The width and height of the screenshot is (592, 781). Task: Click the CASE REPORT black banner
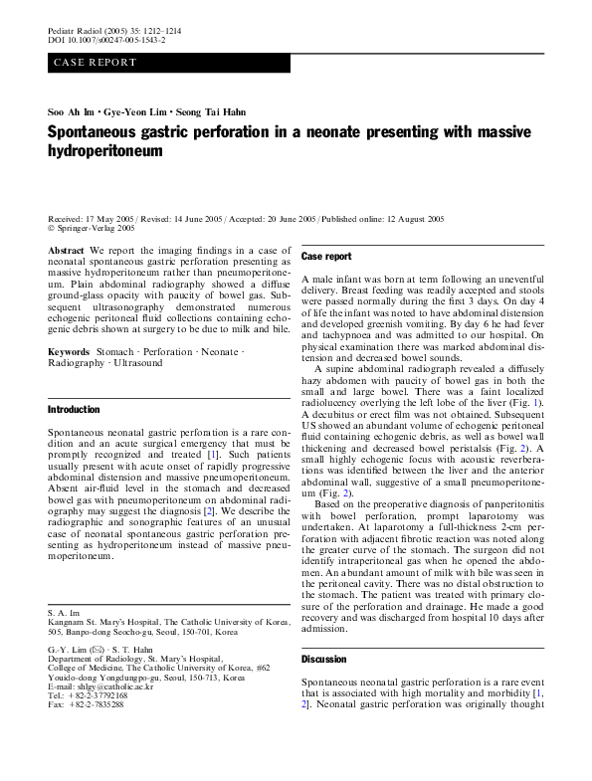pyautogui.click(x=169, y=62)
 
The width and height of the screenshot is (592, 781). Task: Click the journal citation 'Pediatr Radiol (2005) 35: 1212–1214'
pyautogui.click(x=114, y=33)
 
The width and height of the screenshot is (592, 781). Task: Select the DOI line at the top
pyautogui.click(x=106, y=43)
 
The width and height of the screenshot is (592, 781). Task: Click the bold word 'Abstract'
pyautogui.click(x=66, y=252)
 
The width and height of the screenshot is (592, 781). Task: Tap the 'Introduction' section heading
pyautogui.click(x=74, y=410)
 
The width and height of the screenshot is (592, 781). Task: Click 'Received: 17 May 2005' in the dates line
pyautogui.click(x=90, y=218)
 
